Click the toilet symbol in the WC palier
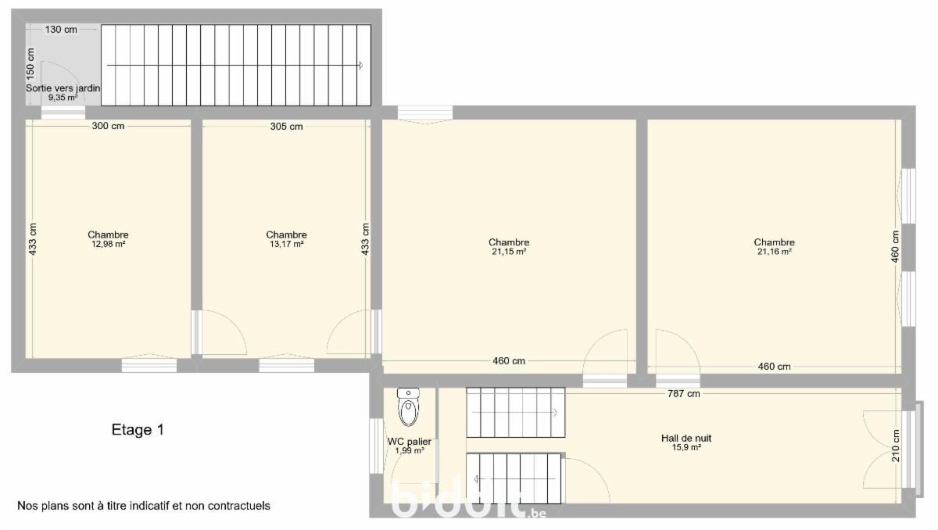(408, 407)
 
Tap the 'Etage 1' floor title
(138, 429)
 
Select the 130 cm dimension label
(61, 29)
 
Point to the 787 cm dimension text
(684, 393)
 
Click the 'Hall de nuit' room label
(686, 438)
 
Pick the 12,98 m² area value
(109, 244)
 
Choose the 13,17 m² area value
(286, 244)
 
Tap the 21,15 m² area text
(509, 252)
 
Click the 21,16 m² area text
(775, 252)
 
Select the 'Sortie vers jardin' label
(63, 88)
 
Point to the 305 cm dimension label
(286, 127)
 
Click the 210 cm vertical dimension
(895, 446)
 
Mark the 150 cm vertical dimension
(30, 64)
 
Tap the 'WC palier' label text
(409, 441)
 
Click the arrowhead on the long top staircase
(360, 66)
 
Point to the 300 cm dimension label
(108, 126)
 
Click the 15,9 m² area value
(686, 447)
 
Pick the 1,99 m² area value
(410, 451)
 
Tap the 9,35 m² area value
(63, 98)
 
